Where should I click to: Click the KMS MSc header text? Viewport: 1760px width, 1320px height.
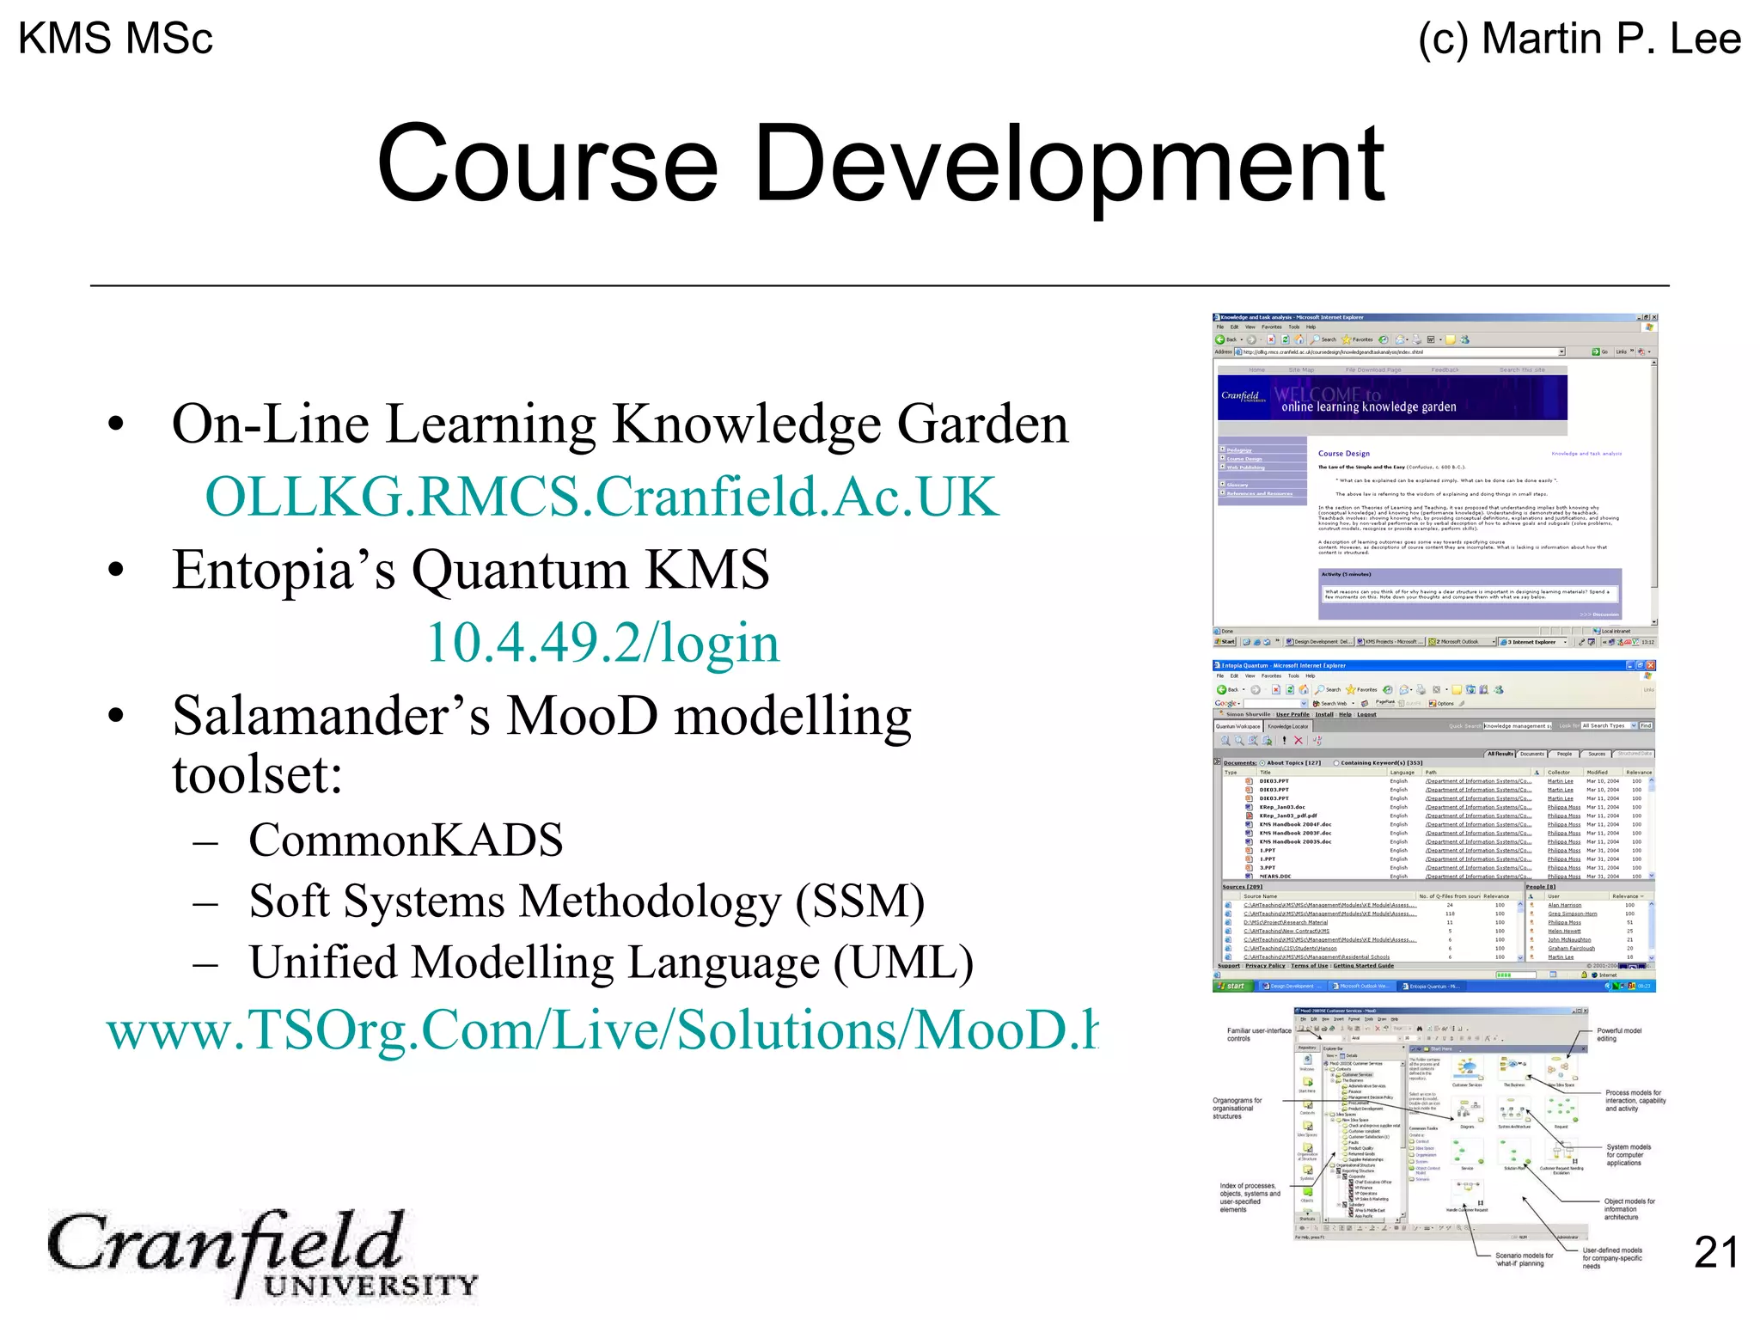115,39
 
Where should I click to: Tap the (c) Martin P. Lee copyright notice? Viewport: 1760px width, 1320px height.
1580,40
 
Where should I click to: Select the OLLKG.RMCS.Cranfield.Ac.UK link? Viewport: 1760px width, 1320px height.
602,497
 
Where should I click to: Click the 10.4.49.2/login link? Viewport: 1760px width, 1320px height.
602,642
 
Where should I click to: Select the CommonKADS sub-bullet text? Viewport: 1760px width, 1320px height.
406,840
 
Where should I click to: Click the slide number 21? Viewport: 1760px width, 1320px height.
1715,1252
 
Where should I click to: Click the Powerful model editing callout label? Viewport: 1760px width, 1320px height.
1619,1035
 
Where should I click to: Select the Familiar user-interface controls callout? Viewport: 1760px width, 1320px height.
1258,1035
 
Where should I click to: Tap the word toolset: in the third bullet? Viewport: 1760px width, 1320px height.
257,774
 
